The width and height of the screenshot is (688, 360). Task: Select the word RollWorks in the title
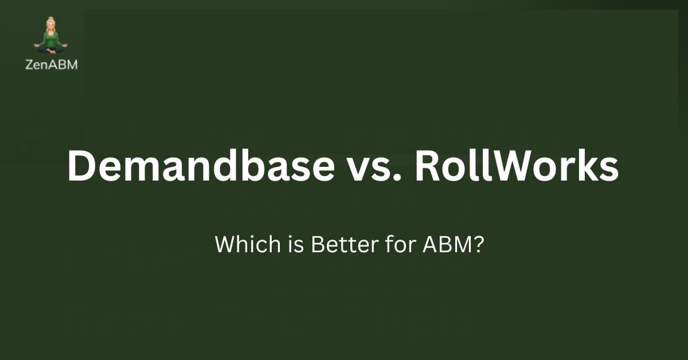[517, 166]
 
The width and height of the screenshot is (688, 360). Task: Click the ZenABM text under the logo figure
[51, 65]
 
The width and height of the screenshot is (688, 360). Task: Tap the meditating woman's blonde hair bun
[50, 19]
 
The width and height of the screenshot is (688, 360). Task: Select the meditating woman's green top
[50, 39]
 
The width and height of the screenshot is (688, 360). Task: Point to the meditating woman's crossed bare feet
[50, 50]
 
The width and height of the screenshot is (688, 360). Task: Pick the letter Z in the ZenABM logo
[29, 65]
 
